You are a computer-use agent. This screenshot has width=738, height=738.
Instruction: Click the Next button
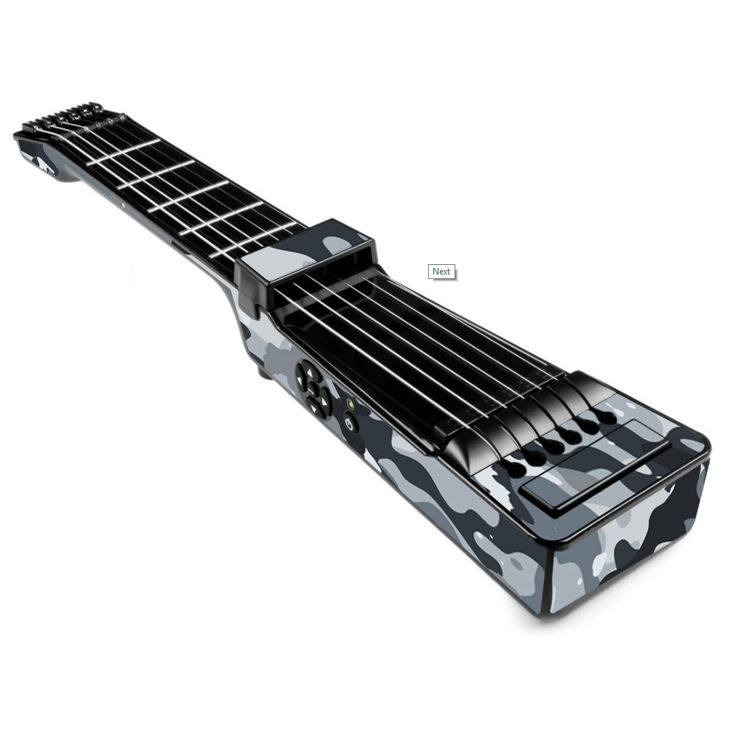point(441,272)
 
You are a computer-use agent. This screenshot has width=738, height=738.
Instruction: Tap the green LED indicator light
point(350,404)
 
